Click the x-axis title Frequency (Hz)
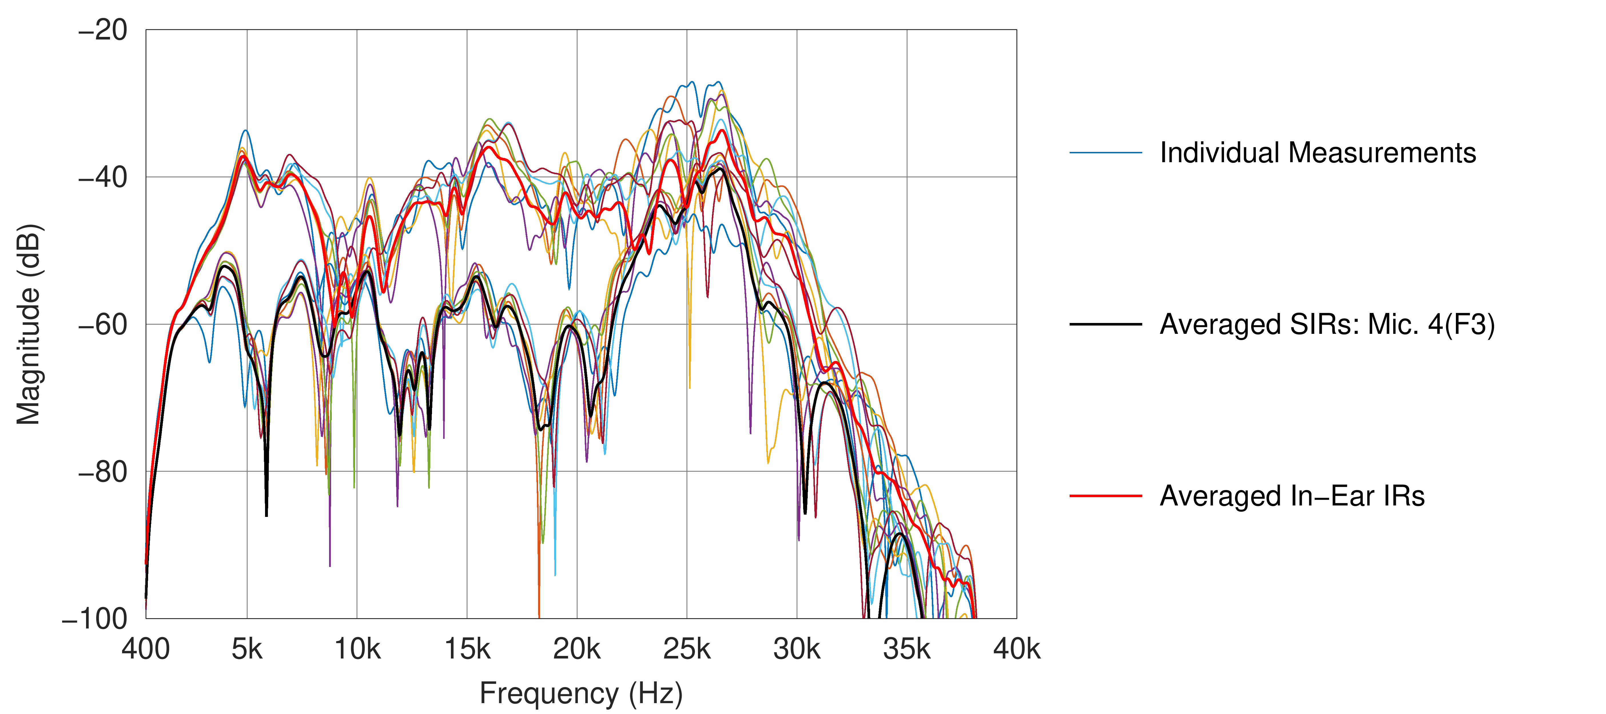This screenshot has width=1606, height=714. [x=581, y=693]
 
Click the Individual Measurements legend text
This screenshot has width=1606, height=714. [x=1317, y=153]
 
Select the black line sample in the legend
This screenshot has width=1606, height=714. [x=1105, y=324]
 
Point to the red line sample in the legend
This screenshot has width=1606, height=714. [x=1105, y=496]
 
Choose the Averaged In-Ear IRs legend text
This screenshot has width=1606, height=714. [x=1292, y=496]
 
